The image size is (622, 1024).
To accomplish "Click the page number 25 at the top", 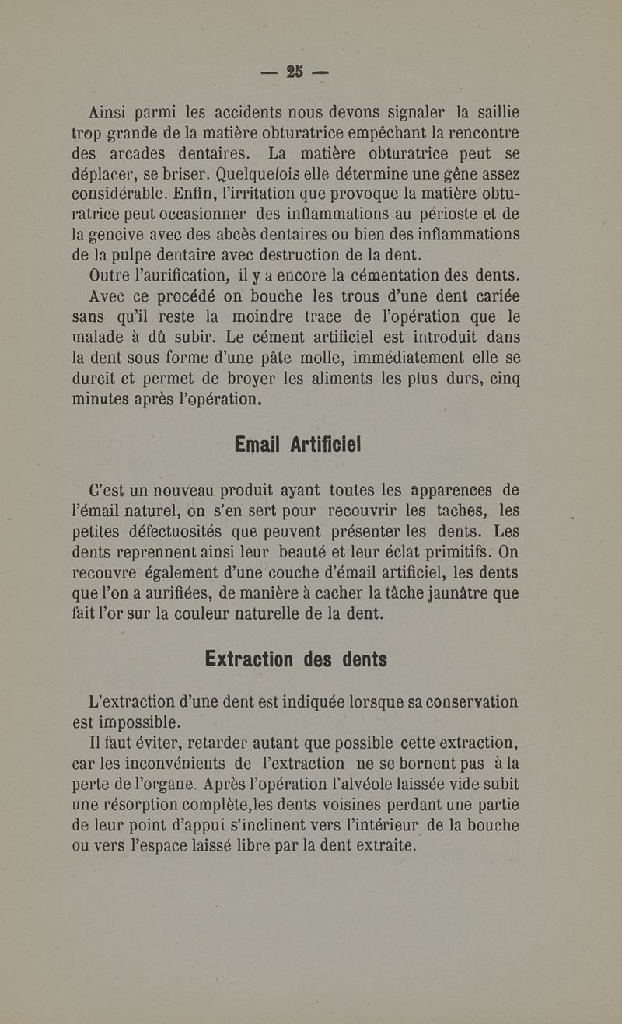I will (x=295, y=72).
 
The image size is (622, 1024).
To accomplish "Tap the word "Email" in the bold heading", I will (x=257, y=445).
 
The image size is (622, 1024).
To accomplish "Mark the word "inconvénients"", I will (x=169, y=762).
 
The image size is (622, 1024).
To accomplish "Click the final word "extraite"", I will (x=379, y=844).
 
